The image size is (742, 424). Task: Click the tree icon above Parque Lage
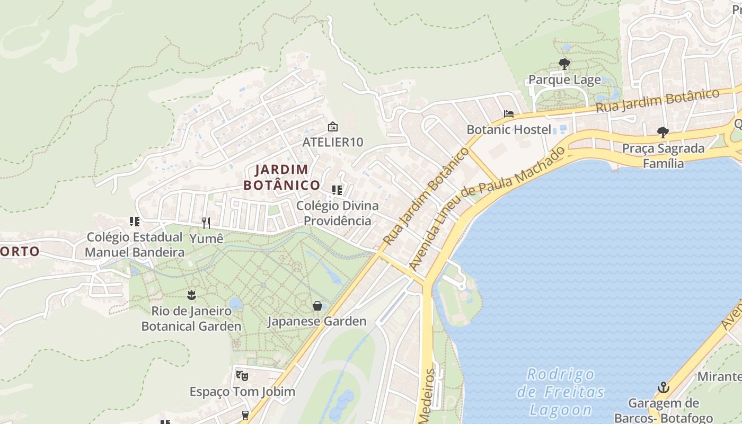[564, 65]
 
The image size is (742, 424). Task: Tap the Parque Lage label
[564, 80]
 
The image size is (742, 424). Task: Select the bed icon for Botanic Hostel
[509, 114]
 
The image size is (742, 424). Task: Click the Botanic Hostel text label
[509, 129]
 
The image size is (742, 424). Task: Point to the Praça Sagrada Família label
[663, 155]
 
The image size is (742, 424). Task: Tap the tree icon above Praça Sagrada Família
[662, 132]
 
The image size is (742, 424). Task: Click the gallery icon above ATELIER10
[333, 127]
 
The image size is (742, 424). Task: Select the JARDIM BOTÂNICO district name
[282, 177]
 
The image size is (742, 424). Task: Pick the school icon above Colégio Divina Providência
[337, 190]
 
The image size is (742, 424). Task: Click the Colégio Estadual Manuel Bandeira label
[135, 244]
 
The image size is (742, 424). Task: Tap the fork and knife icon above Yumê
[206, 223]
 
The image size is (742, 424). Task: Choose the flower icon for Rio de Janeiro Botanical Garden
[191, 295]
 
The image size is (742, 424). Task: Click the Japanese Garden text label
[317, 321]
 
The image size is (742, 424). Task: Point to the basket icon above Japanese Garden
[317, 306]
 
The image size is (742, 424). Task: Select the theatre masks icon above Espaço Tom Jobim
[242, 376]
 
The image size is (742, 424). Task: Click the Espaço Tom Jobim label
[242, 392]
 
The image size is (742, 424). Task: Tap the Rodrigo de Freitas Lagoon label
[561, 392]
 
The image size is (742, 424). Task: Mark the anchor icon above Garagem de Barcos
[663, 387]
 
